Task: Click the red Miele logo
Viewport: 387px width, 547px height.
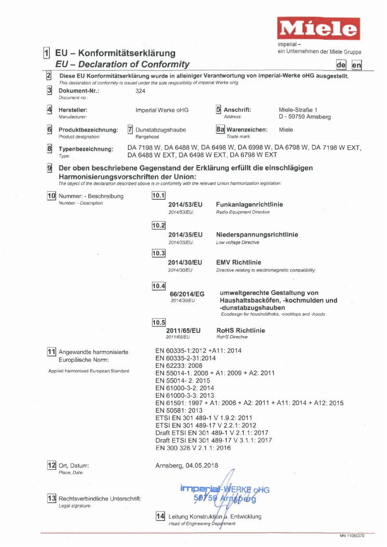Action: [318, 29]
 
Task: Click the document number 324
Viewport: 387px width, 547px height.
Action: [141, 91]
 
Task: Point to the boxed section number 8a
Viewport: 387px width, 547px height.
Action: [220, 129]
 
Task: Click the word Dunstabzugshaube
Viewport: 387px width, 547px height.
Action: [161, 130]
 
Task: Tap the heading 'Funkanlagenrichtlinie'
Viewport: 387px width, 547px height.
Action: [249, 205]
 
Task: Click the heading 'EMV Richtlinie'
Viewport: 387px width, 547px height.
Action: [239, 263]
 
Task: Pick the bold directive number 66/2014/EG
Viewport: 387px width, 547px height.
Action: [187, 294]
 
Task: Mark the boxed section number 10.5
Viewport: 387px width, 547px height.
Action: [159, 323]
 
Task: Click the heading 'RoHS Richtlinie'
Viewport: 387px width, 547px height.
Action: [240, 331]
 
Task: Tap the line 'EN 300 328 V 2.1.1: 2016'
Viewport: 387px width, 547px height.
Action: [193, 448]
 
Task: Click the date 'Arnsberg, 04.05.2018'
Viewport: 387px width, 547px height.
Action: [187, 466]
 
